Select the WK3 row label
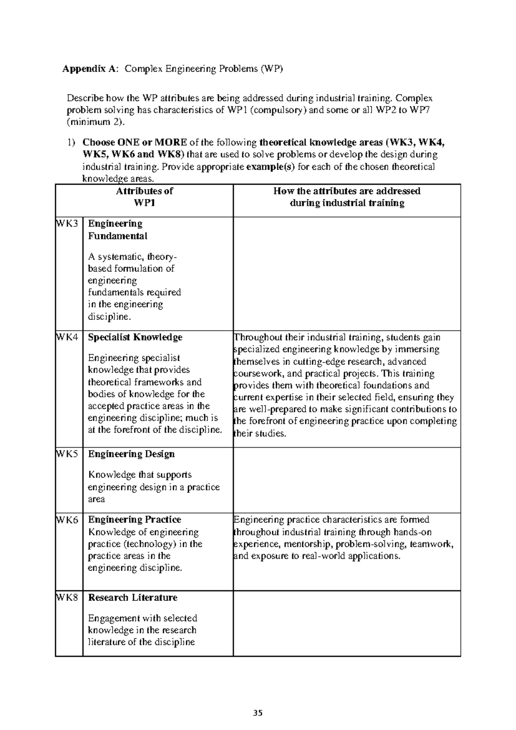click(68, 224)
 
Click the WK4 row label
click(68, 337)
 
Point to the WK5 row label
click(68, 454)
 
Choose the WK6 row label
click(68, 520)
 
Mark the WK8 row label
click(68, 598)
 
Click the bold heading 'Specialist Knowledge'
click(135, 337)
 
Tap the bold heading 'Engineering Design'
click(131, 454)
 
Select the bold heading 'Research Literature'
click(132, 598)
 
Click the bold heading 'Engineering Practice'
click(134, 520)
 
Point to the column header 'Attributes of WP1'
click(144, 197)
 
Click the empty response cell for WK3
click(347, 274)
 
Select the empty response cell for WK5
click(347, 480)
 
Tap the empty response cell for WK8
click(347, 623)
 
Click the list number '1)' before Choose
click(71, 142)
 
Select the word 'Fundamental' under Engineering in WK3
click(117, 236)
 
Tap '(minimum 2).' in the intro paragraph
click(97, 122)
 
